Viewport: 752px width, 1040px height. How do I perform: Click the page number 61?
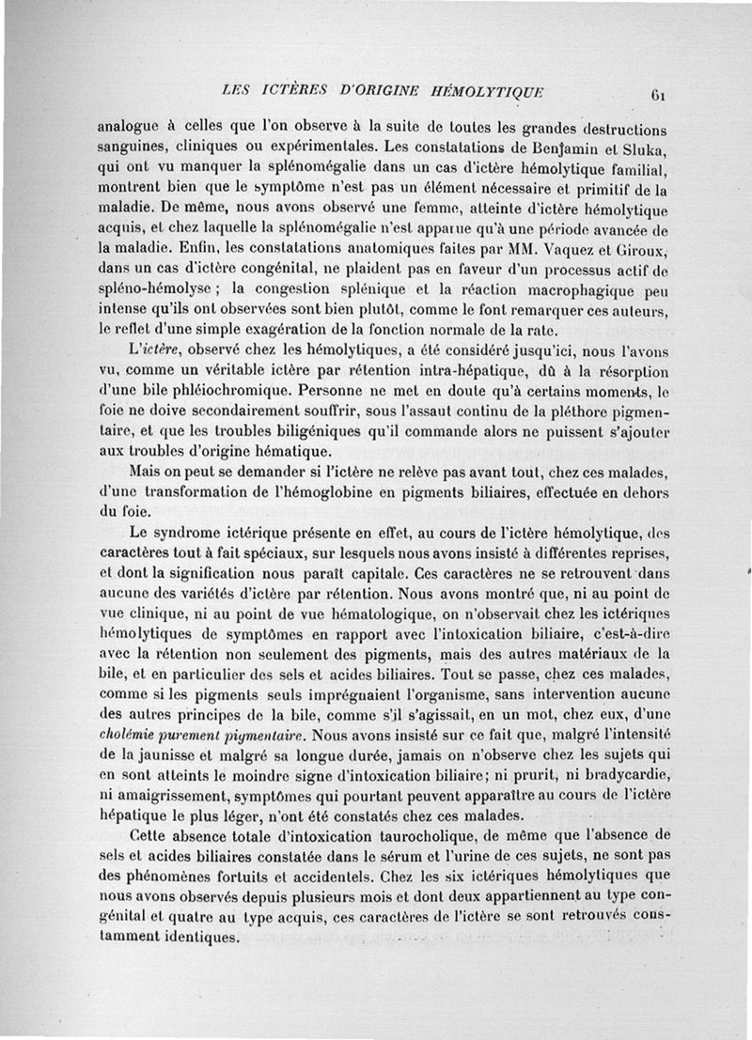(657, 94)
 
